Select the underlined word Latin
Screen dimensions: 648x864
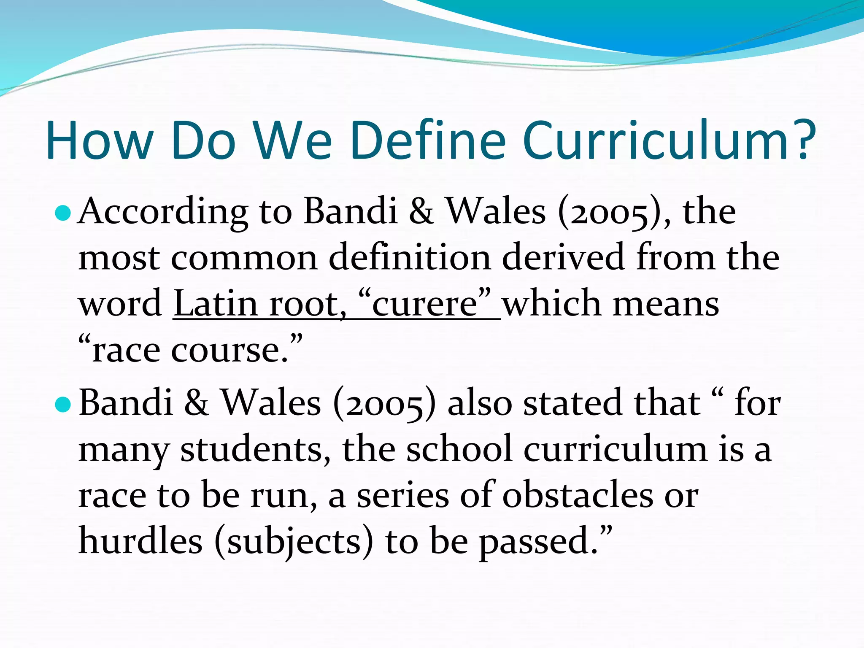point(215,304)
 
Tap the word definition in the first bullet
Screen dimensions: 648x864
point(409,258)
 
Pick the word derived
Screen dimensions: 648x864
point(563,258)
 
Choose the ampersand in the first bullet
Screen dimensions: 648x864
point(421,212)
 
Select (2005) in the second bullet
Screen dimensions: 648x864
point(384,404)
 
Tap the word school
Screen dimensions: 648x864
point(459,450)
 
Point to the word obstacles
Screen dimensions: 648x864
point(578,496)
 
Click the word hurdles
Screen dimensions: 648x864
point(140,542)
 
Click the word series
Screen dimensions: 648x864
point(403,496)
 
